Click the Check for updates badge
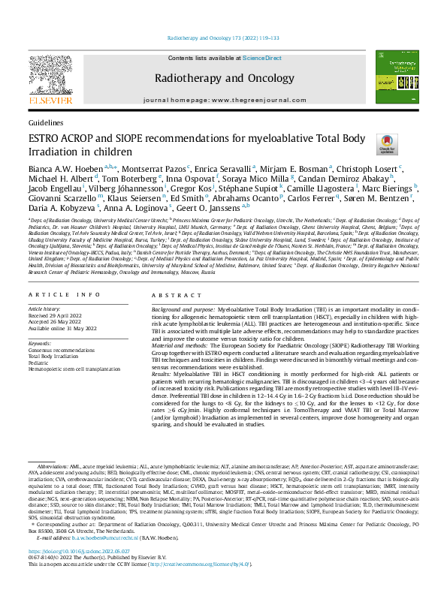[x=364, y=145]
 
